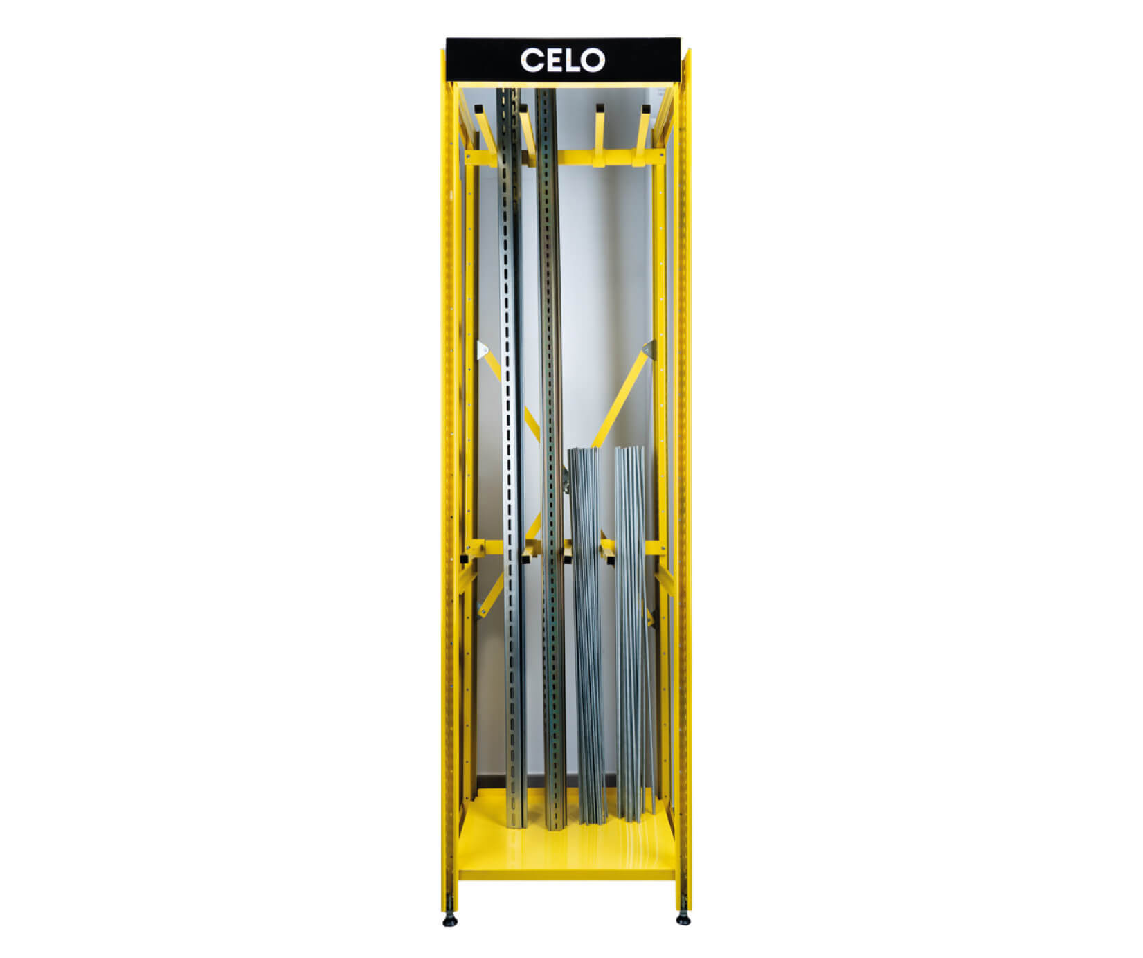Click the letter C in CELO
[532, 60]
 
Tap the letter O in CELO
[592, 60]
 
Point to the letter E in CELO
[552, 60]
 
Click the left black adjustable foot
[451, 921]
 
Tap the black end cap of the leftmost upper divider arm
[478, 109]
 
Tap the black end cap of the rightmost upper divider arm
[646, 109]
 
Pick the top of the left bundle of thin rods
[583, 451]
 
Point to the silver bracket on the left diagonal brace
[482, 350]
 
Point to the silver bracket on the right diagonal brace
[648, 350]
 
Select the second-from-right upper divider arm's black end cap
[600, 109]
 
